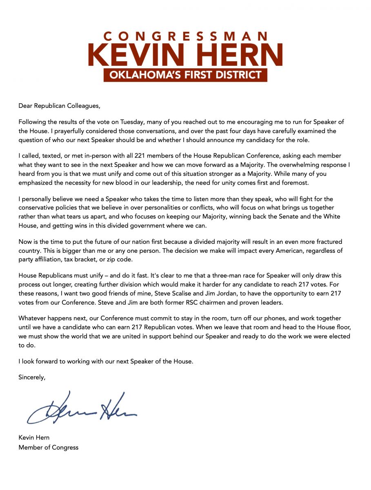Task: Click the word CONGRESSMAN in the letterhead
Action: [x=185, y=36]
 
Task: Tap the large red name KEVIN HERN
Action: [x=185, y=55]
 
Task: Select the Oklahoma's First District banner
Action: [x=185, y=75]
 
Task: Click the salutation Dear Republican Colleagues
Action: [x=59, y=106]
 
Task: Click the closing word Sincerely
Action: [x=32, y=377]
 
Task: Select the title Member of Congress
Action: [x=48, y=447]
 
